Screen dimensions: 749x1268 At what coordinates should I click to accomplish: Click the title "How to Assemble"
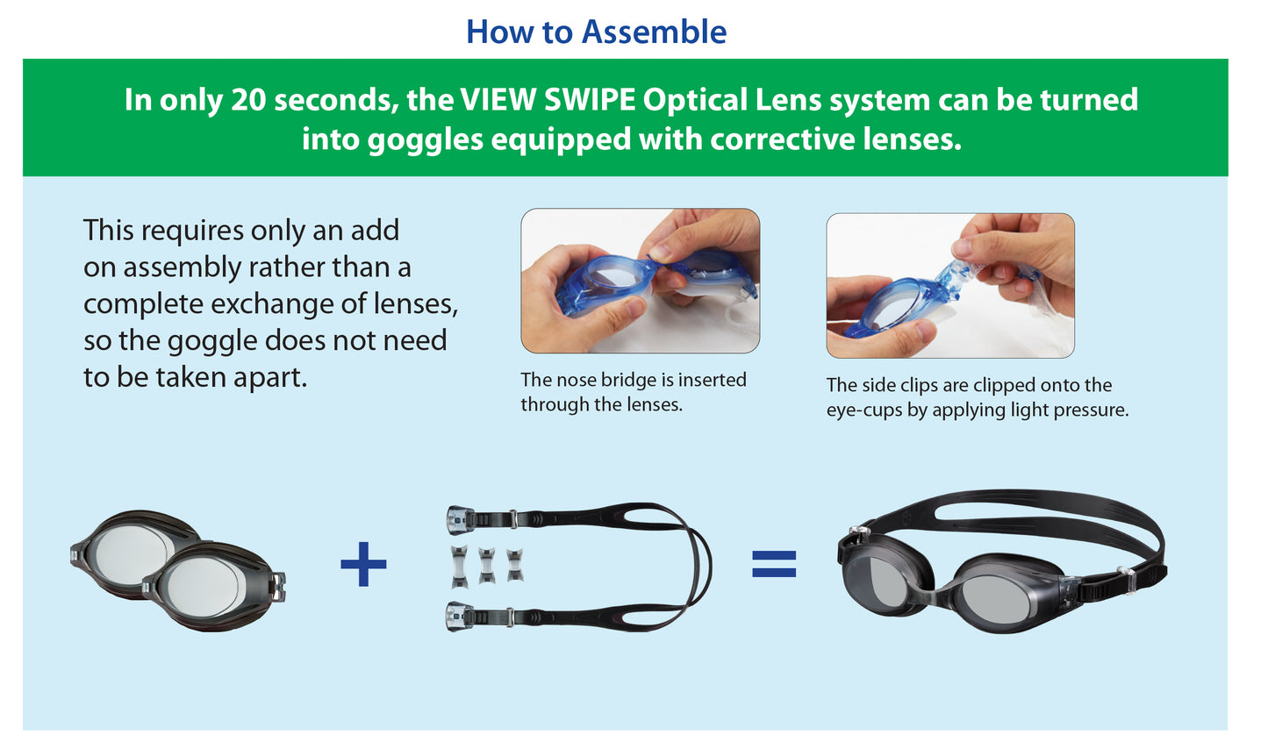click(x=596, y=32)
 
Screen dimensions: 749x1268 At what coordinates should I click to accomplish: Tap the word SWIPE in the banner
click(x=589, y=100)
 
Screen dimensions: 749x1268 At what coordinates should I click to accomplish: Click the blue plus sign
click(x=363, y=564)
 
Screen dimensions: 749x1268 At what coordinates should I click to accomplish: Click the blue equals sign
click(x=774, y=564)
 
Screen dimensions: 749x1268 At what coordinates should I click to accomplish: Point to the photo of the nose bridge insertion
click(x=640, y=281)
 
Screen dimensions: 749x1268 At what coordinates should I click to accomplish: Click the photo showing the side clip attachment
click(x=949, y=285)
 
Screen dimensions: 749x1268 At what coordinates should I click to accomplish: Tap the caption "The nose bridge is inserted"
click(x=633, y=380)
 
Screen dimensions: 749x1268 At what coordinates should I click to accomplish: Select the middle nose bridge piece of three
click(x=487, y=566)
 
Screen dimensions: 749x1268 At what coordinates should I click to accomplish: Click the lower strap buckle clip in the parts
click(x=461, y=616)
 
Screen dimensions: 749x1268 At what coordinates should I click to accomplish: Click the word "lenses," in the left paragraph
click(x=416, y=304)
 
